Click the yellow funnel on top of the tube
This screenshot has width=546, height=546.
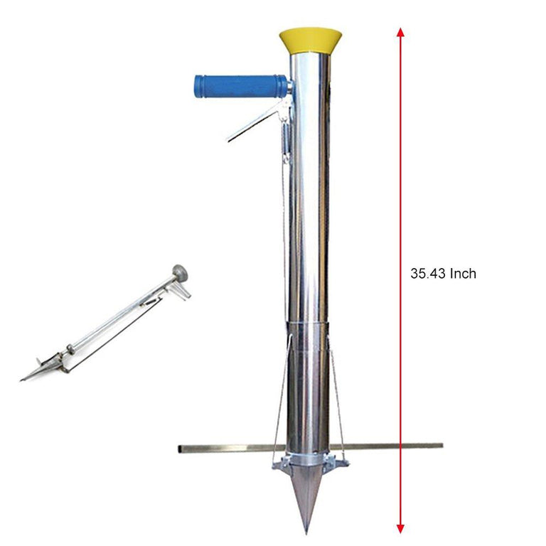click(x=309, y=40)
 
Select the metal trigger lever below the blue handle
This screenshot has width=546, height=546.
click(x=257, y=121)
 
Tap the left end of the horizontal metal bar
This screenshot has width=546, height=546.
click(x=181, y=449)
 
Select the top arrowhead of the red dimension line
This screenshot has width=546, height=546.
click(x=401, y=33)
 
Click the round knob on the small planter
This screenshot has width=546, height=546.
click(x=181, y=272)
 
